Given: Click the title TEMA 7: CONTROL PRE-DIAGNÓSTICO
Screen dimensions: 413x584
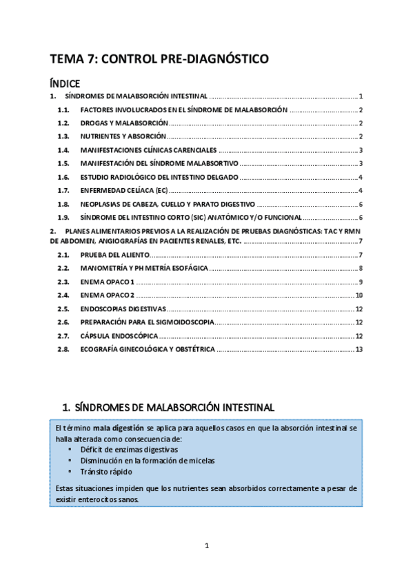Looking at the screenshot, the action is pos(159,60).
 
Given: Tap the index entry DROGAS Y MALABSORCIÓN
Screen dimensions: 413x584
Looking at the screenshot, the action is pos(124,123).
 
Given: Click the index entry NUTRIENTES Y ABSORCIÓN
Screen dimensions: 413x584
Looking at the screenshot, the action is pos(123,136).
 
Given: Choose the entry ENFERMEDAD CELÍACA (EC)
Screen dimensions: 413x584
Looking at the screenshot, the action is pos(123,190).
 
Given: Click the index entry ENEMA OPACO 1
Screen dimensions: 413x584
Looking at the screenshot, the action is pos(108,282).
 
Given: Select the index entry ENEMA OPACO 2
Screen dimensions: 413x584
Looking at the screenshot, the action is pos(108,295).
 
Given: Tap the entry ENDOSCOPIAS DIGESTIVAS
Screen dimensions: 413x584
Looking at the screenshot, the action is pos(123,309).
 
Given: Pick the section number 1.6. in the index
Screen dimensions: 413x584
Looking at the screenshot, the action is pos(63,177).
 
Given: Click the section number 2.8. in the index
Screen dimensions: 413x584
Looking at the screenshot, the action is pos(63,349).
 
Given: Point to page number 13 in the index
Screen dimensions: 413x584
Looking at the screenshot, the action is pos(359,349).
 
